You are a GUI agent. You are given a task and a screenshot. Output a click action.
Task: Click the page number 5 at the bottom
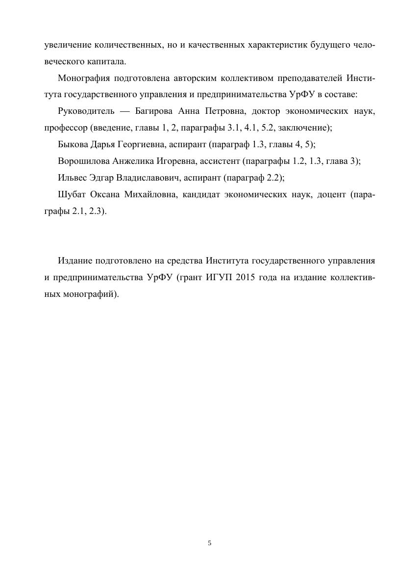click(x=210, y=543)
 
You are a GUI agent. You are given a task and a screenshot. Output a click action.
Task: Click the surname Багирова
click(x=153, y=111)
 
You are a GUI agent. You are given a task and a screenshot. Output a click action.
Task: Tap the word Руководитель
click(x=86, y=111)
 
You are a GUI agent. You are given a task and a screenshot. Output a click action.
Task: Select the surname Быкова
click(x=72, y=144)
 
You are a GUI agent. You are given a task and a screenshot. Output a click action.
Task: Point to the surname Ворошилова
click(x=84, y=161)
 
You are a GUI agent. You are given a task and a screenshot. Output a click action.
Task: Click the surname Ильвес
click(x=72, y=178)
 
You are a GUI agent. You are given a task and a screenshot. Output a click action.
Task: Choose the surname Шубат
click(x=72, y=194)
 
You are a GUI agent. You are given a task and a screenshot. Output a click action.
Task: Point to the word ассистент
click(x=216, y=161)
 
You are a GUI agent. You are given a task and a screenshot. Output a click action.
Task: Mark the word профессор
click(x=66, y=128)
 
